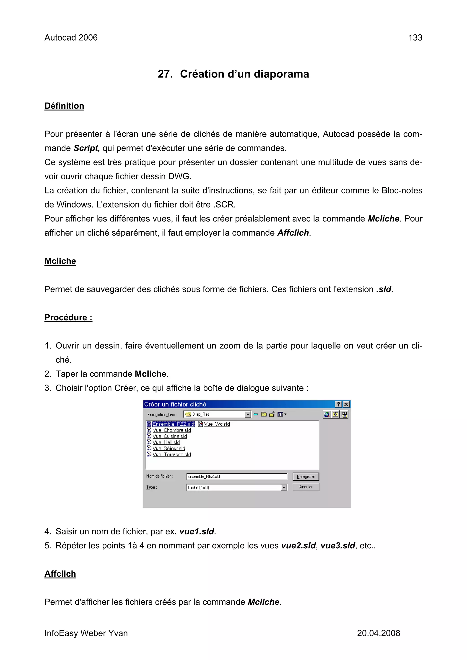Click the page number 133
tap(415, 38)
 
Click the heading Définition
tap(64, 106)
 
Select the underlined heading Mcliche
tap(60, 261)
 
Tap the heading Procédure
tap(68, 317)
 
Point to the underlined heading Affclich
tap(60, 574)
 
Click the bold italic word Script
tap(86, 148)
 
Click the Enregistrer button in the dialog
tap(306, 477)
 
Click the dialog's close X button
tap(346, 404)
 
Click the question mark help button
tap(339, 404)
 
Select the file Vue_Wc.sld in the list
tap(217, 424)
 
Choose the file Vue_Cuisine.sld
tap(169, 436)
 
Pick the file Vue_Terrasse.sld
tap(171, 455)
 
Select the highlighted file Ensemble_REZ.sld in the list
tap(173, 424)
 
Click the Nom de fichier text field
tap(237, 477)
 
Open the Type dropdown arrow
tap(284, 488)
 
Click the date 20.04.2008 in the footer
tap(378, 633)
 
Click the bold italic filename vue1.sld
tap(197, 532)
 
